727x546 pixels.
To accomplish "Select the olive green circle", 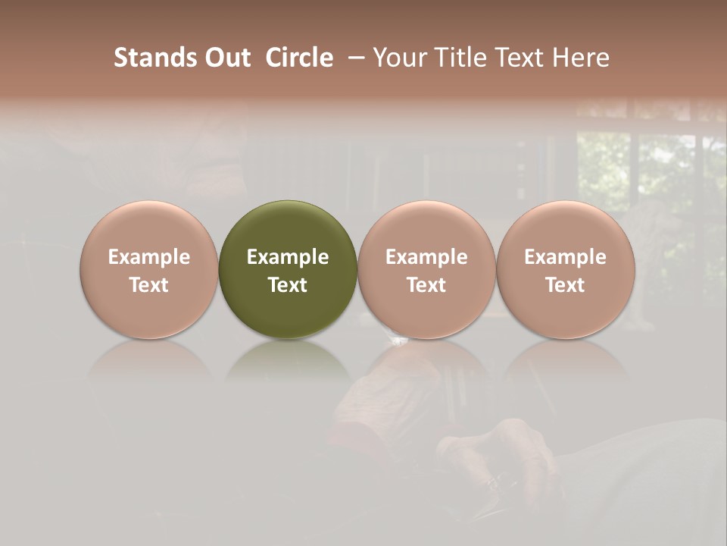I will [288, 269].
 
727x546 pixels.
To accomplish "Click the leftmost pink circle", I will [149, 269].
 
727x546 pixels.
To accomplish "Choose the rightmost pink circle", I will [566, 269].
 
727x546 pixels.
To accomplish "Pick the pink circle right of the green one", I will [426, 269].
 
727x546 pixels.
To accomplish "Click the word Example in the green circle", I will [288, 257].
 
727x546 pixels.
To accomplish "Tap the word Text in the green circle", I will [288, 284].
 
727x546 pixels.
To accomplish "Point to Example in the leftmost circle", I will [149, 257].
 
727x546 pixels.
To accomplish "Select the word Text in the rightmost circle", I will [566, 284].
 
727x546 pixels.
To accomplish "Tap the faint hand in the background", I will [500, 455].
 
